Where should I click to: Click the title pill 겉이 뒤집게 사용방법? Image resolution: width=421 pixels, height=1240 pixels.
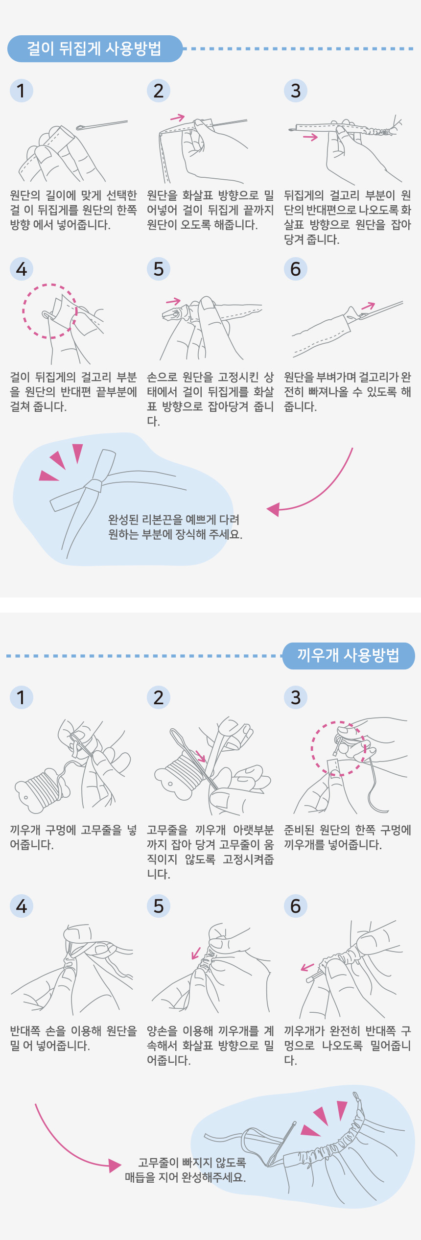[95, 48]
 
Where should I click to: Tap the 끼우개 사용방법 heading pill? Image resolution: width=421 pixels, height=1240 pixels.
[349, 655]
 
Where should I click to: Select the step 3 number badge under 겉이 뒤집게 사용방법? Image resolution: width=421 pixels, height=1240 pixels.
[296, 91]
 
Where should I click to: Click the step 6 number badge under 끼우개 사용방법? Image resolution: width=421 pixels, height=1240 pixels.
[296, 906]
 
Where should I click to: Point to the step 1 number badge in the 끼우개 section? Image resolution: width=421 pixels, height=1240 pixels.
[22, 697]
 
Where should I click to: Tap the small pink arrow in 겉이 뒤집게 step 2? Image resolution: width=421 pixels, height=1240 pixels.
[177, 118]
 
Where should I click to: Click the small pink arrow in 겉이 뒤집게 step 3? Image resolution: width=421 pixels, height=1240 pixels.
[310, 138]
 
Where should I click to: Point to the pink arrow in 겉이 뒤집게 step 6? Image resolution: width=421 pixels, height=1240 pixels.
[368, 306]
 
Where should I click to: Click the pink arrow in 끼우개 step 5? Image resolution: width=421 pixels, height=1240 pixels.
[196, 953]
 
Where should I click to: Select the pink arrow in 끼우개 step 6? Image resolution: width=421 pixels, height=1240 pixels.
[307, 967]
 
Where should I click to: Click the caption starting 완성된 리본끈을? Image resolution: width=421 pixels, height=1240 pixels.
[175, 527]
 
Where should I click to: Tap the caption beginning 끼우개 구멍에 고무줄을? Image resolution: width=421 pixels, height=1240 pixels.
[73, 837]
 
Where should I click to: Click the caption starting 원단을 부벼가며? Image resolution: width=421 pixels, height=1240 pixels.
[348, 392]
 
